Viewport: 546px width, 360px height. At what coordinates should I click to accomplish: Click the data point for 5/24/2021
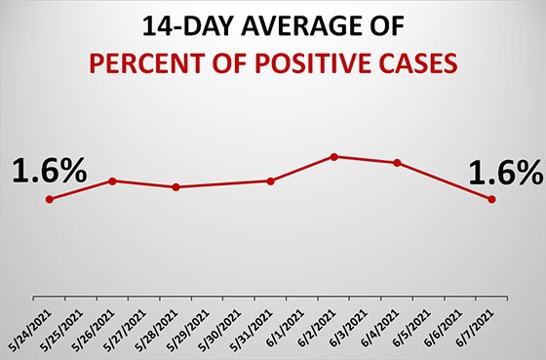[x=50, y=199]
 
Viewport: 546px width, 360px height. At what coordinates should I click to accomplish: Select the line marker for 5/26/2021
[x=113, y=180]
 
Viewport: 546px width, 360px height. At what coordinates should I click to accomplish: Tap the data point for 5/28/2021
[x=175, y=186]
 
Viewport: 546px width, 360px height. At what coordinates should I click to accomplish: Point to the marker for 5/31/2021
[x=270, y=180]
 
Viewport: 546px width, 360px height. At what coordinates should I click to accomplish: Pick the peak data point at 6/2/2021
[x=333, y=156]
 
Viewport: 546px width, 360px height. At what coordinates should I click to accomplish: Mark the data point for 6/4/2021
[x=397, y=163]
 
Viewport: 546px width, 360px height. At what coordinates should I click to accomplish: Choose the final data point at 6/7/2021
[x=491, y=199]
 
